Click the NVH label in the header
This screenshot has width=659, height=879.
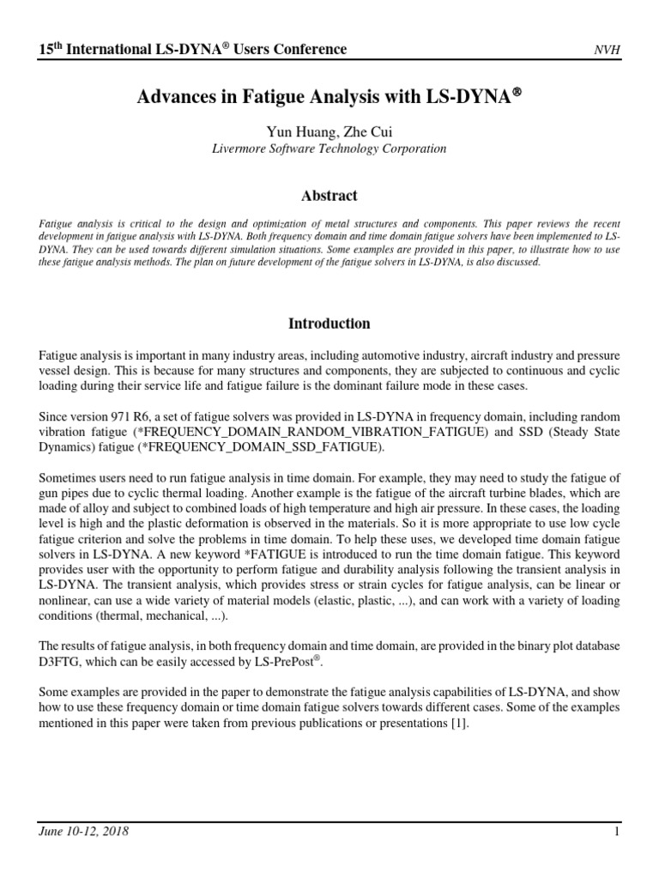[x=607, y=50]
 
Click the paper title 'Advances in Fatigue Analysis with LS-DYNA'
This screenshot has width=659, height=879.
[x=329, y=99]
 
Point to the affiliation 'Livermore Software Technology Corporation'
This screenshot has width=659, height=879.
[x=329, y=149]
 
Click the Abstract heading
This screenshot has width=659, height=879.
[x=329, y=196]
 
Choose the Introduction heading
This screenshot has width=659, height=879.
[x=329, y=324]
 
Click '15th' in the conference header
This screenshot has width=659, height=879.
[x=51, y=49]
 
